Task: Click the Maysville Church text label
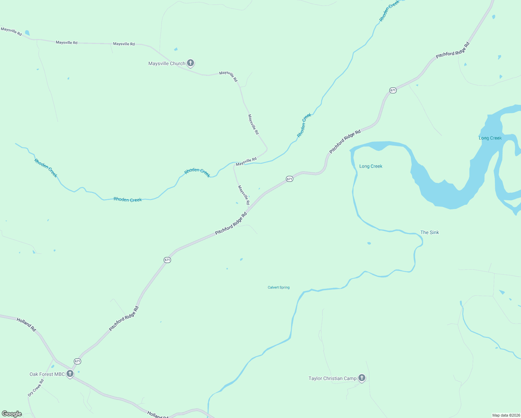pos(166,63)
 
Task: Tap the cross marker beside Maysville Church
pos(190,63)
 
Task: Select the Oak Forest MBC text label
pos(47,374)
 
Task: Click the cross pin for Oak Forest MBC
pos(70,374)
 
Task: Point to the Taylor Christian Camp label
pos(332,378)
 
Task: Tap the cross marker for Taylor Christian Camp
pos(362,378)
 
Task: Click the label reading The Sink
pos(429,232)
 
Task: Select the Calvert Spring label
pos(279,287)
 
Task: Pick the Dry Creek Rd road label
pos(36,388)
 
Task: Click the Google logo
pos(12,414)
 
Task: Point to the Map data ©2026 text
pos(506,415)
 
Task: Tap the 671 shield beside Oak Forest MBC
pos(77,361)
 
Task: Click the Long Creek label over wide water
pos(490,138)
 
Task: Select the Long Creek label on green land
pos(371,166)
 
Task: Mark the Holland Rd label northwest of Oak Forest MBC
pos(26,324)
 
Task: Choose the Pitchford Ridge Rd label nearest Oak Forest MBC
pos(124,318)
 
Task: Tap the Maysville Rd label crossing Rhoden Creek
pos(246,162)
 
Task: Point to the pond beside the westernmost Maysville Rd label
pos(27,33)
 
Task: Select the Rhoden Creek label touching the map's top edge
pos(389,10)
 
